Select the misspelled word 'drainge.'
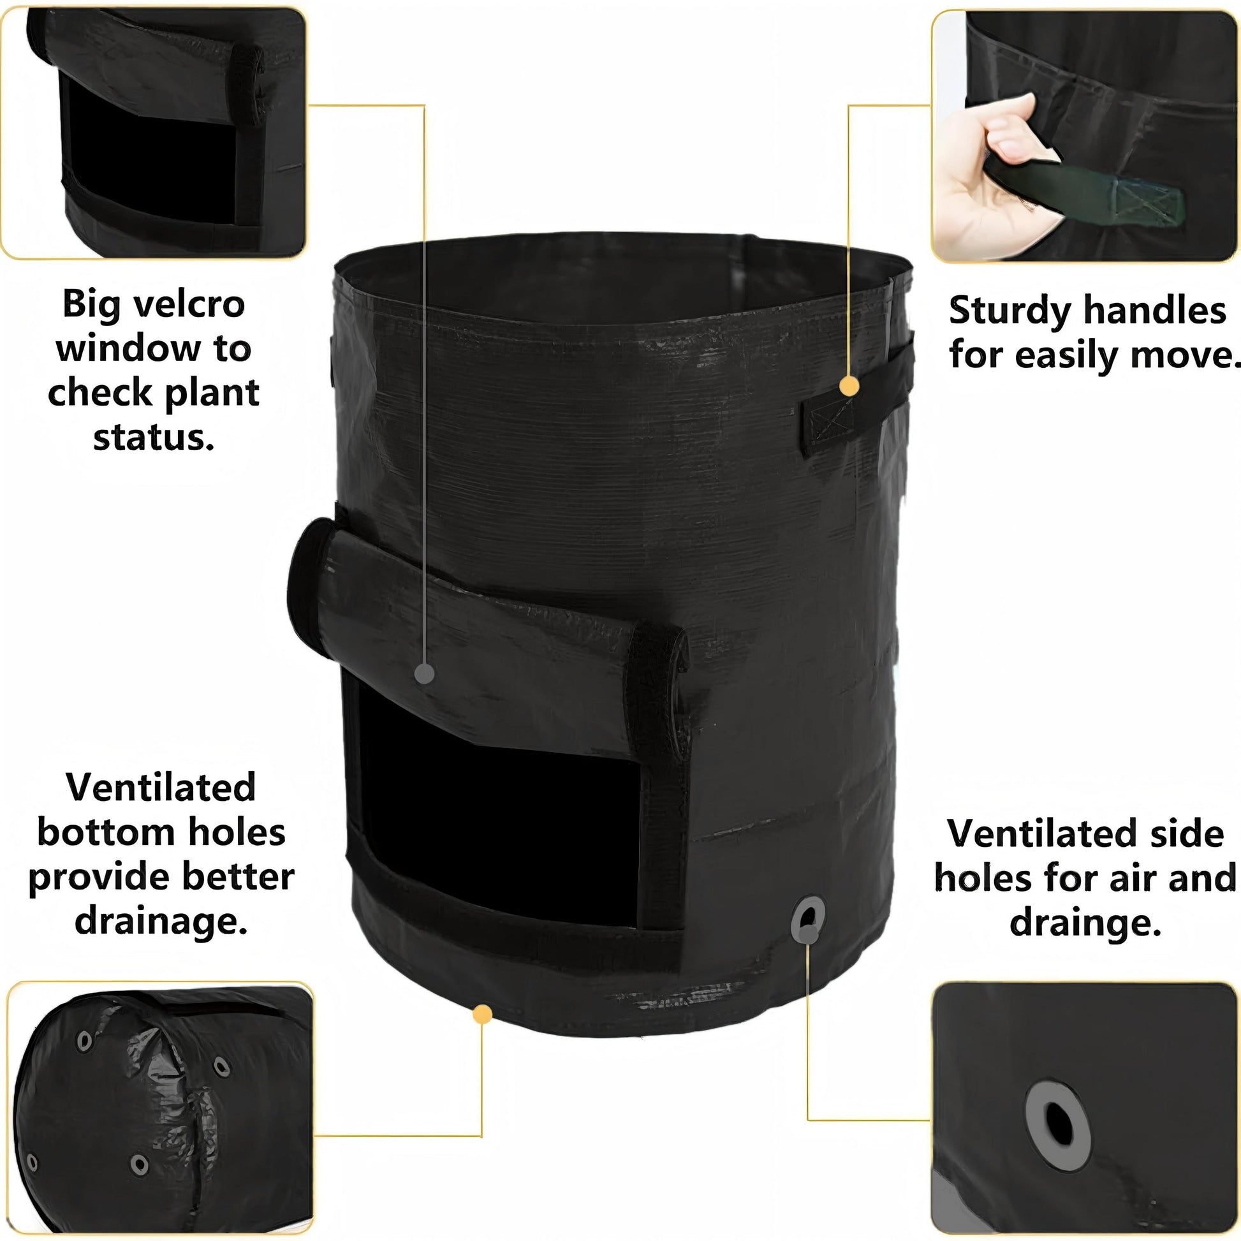(1085, 922)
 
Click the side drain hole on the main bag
(807, 920)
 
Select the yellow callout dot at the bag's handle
(849, 386)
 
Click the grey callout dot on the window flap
(425, 674)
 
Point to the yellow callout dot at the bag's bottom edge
(482, 1015)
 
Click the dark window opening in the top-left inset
(151, 154)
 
